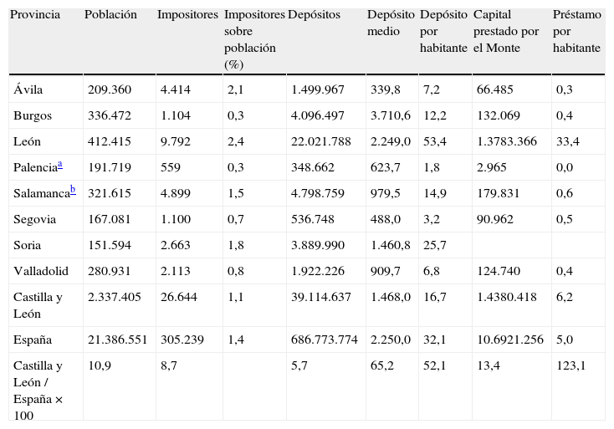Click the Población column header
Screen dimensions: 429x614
coord(110,16)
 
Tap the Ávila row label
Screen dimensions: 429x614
coord(28,89)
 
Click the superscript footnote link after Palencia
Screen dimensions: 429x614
coord(59,165)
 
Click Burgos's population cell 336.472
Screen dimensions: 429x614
coord(111,115)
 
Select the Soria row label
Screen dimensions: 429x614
coord(28,246)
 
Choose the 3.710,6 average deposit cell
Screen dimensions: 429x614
coord(391,115)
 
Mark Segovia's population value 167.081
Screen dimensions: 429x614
coord(111,220)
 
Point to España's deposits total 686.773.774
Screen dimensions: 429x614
coord(325,340)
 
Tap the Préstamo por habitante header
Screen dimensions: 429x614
coord(576,32)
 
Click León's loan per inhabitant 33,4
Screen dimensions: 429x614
coord(568,141)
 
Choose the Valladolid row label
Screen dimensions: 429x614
coord(41,272)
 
